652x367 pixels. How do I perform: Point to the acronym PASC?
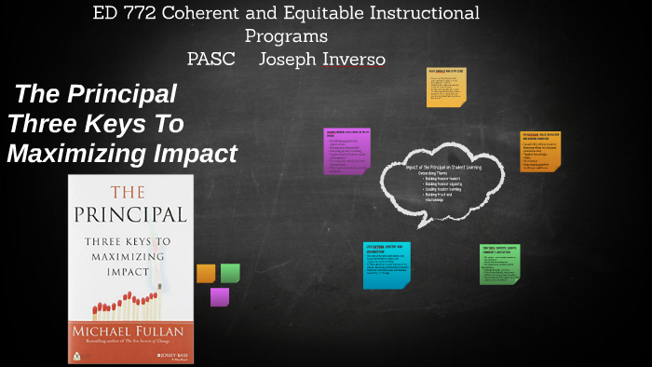[211, 59]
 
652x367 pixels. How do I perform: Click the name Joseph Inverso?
[321, 59]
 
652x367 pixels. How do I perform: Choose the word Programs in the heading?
[286, 36]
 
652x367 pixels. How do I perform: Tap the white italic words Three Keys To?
[96, 124]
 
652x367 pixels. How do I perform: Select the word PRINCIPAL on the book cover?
[130, 214]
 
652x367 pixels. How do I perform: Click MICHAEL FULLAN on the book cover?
[130, 333]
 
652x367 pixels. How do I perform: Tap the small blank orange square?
[206, 273]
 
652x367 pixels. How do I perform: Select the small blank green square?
[230, 273]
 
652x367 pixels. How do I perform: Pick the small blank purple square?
[219, 296]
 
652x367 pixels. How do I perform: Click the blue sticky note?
[387, 265]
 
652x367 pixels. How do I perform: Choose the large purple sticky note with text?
[346, 151]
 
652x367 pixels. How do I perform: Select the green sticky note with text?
[499, 265]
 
